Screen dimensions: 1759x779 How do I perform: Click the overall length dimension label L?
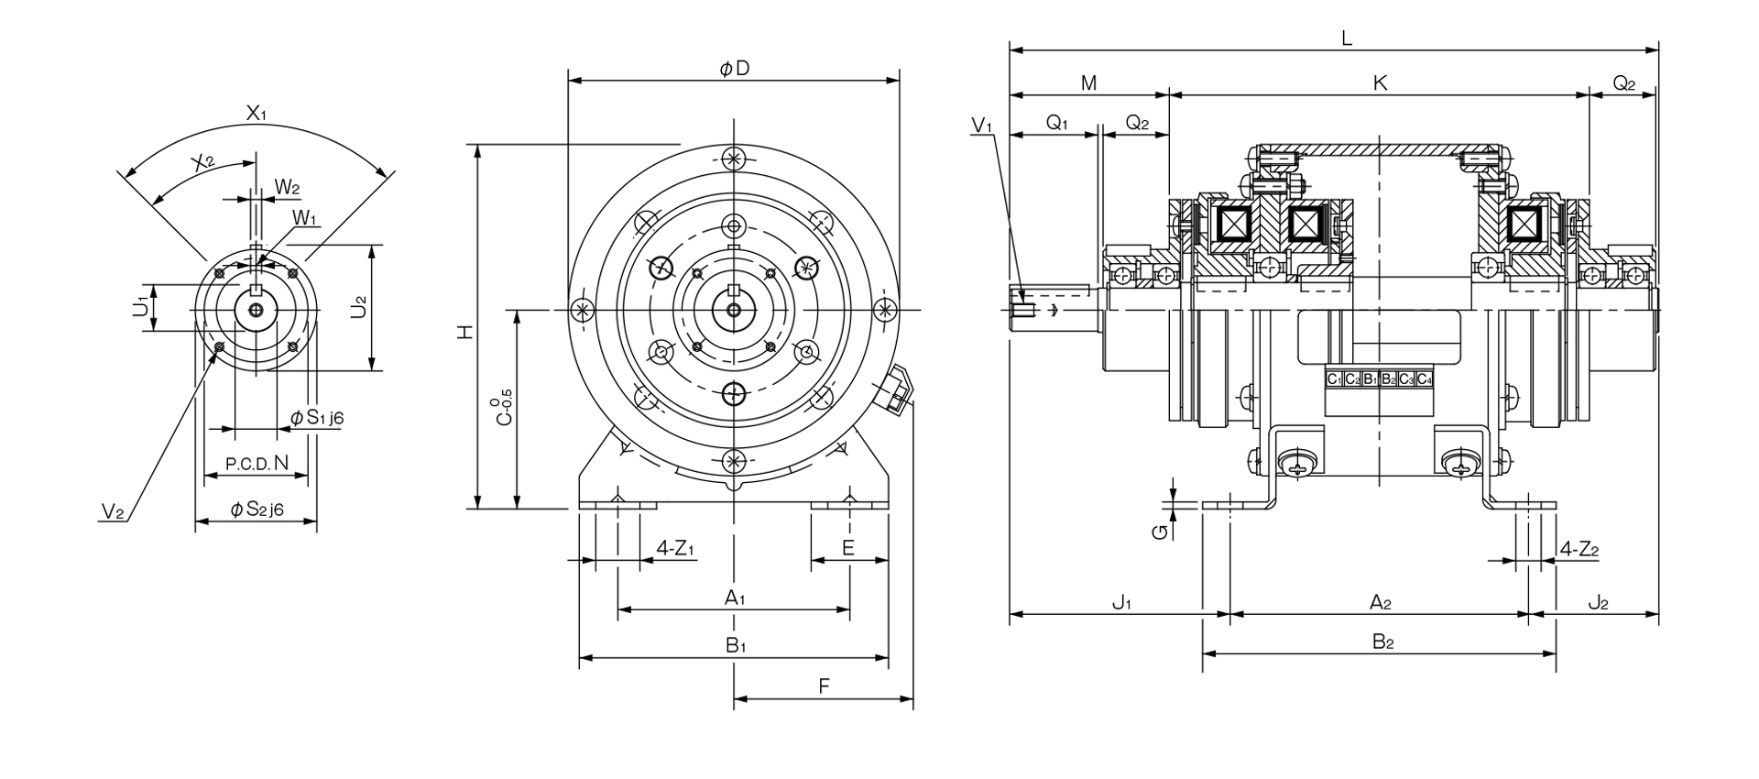click(1346, 38)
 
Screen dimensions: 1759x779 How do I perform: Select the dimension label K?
click(1381, 83)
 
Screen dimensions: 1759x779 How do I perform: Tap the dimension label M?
click(1088, 83)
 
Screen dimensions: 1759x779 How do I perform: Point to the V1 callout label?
click(982, 126)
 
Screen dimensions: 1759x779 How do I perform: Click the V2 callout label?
click(113, 512)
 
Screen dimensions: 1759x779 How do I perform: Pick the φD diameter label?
click(735, 69)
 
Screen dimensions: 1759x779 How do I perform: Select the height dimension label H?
click(465, 333)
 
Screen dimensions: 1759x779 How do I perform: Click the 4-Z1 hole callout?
click(676, 549)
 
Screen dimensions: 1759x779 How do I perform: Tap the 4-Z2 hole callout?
click(1579, 549)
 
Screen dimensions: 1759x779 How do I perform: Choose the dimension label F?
click(824, 686)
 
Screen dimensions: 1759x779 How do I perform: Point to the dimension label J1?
click(1122, 603)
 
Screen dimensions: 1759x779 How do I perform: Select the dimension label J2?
click(1598, 603)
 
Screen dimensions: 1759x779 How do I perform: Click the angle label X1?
click(256, 114)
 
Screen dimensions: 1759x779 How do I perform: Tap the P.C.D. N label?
click(257, 465)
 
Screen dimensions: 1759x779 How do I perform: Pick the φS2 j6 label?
click(257, 510)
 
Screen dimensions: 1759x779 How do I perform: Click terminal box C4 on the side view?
click(1425, 379)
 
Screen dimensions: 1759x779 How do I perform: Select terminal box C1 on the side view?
click(1335, 379)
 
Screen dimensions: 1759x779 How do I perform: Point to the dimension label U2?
click(359, 306)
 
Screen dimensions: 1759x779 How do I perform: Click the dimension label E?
click(848, 548)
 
